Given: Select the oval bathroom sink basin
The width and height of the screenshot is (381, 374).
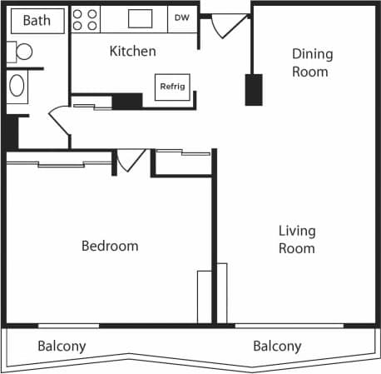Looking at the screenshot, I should click(x=17, y=85).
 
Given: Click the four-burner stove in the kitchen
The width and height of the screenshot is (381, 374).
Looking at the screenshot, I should click(x=85, y=19).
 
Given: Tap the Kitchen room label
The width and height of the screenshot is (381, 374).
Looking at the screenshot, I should click(x=132, y=52).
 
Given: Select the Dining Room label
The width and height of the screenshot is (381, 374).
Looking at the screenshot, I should click(x=311, y=63).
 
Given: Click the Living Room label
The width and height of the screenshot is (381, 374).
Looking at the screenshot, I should click(x=297, y=239).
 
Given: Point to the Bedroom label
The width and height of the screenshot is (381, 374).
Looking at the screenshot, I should click(x=109, y=247).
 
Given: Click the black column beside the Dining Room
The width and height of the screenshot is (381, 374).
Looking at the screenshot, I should click(x=253, y=89).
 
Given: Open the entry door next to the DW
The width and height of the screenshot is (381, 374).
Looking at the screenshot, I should click(x=225, y=27).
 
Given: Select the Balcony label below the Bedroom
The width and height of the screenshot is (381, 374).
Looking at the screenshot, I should click(x=62, y=347).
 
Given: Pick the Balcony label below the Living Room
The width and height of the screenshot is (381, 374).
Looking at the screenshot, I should click(x=277, y=347).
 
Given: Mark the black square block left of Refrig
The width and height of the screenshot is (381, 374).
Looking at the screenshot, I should click(x=127, y=101).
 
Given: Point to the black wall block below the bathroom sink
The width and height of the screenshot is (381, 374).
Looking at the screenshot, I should click(x=10, y=132).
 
